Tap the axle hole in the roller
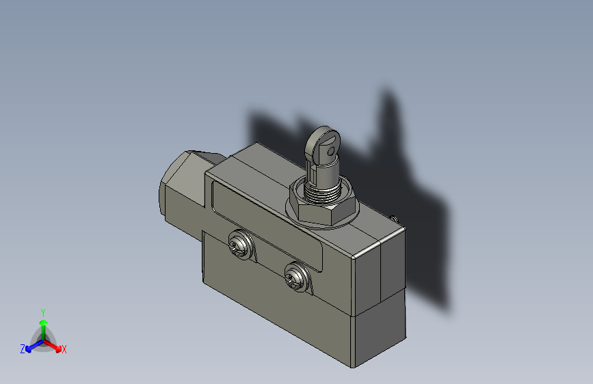click(x=332, y=147)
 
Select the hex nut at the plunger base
click(x=323, y=208)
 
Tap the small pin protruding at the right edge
click(x=395, y=219)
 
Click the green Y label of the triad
click(x=43, y=312)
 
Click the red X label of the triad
click(x=64, y=350)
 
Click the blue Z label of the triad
click(x=23, y=349)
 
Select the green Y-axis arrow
click(x=43, y=324)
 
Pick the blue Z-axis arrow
click(x=31, y=346)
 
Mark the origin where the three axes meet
click(x=43, y=339)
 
